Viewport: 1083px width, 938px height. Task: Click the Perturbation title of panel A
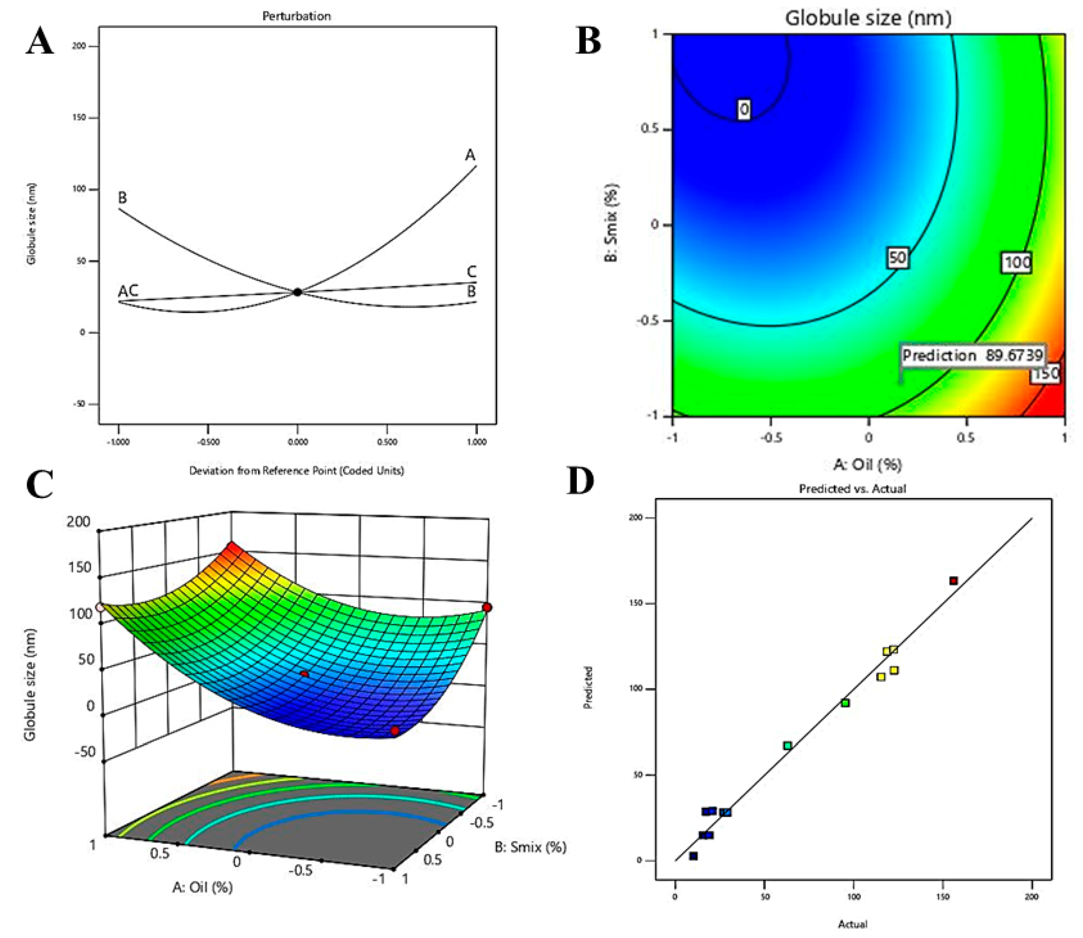[296, 16]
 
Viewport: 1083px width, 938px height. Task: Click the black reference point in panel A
[297, 292]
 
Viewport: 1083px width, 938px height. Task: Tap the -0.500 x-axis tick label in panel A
[208, 442]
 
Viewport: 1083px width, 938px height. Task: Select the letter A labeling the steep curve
[470, 155]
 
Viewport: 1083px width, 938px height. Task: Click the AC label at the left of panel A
[128, 290]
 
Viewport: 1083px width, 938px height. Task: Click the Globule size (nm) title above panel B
[868, 18]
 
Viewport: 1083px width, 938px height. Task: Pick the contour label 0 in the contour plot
[744, 109]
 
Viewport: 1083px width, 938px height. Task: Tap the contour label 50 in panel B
[897, 258]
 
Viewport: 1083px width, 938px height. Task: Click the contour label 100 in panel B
[1017, 262]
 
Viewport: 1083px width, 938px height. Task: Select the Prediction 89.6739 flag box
[972, 355]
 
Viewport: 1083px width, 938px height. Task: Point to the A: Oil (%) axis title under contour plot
[867, 464]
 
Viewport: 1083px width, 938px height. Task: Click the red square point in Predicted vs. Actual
[953, 580]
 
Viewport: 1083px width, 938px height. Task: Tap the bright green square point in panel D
[845, 703]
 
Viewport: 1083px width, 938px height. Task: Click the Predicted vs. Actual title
[852, 488]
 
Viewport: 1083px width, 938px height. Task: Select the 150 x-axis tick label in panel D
[943, 897]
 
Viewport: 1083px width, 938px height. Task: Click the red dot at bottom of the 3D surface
[395, 731]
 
